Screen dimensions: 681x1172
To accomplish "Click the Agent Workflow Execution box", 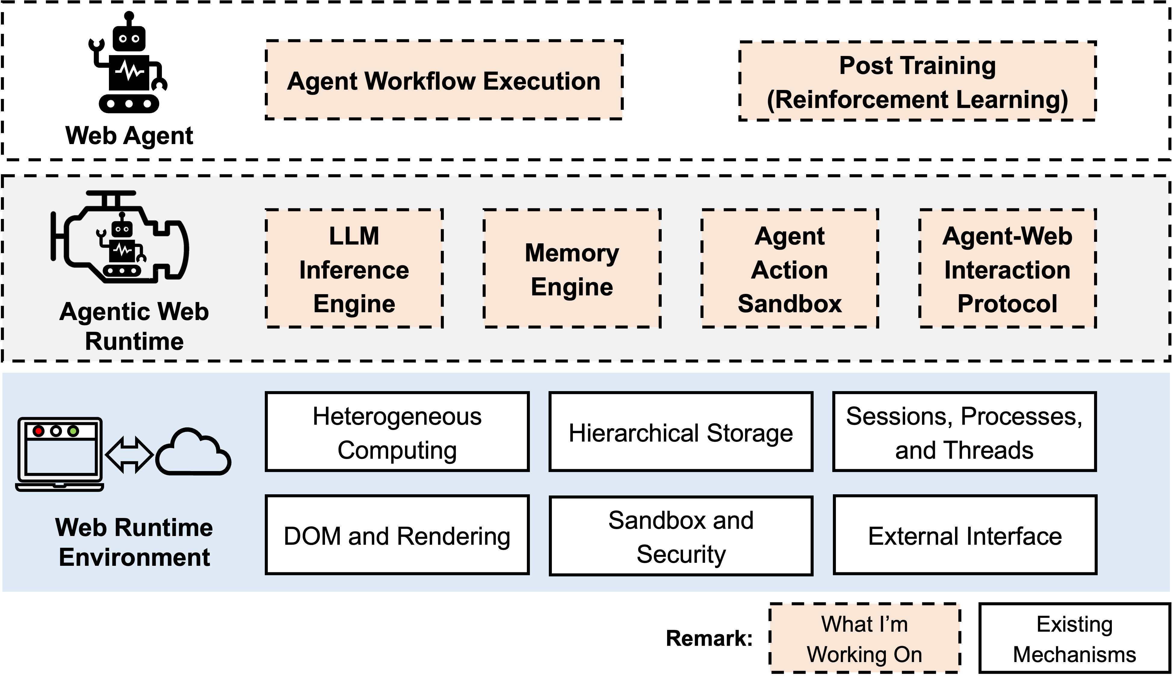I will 444,80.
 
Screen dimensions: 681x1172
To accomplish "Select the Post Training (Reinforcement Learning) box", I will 917,82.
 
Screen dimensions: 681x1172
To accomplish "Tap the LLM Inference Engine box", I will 354,269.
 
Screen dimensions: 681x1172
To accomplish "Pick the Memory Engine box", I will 572,269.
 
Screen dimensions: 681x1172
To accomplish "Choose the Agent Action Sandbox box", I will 790,269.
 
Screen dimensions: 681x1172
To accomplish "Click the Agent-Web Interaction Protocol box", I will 1007,269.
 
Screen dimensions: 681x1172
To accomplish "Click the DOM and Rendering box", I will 397,535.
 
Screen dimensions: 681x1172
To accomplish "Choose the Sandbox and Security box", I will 681,536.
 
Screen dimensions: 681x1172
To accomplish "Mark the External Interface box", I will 965,535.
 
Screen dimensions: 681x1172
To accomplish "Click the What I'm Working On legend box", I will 864,638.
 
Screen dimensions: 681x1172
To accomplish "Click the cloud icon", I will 193,453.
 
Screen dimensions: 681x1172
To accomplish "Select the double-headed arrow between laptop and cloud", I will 129,455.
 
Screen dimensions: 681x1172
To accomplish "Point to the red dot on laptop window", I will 39,431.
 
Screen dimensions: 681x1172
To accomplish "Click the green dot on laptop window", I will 73,431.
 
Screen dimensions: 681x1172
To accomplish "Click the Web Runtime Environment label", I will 134,542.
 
